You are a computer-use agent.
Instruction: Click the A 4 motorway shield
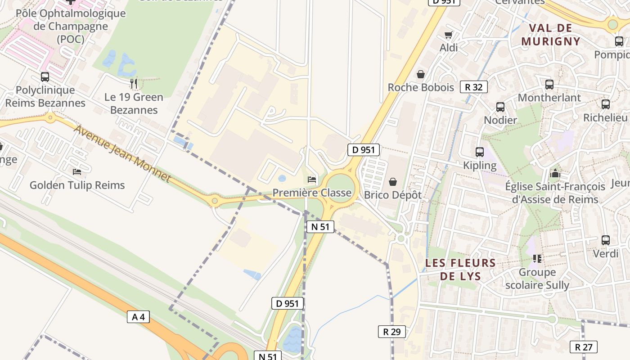[x=138, y=317]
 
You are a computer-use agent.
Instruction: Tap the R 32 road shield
[x=473, y=87]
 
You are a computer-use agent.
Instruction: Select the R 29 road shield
[x=391, y=332]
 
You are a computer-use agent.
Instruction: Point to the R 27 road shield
[x=584, y=347]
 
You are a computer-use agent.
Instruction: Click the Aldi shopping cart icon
[x=449, y=35]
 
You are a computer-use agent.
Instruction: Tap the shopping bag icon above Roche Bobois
[x=421, y=74]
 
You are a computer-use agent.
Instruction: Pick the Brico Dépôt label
[x=393, y=195]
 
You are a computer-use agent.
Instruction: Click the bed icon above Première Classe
[x=312, y=180]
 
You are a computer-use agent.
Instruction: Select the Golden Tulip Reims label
[x=77, y=185]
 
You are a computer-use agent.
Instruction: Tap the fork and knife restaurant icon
[x=134, y=83]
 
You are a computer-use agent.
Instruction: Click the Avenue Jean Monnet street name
[x=122, y=153]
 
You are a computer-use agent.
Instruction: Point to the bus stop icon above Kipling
[x=480, y=152]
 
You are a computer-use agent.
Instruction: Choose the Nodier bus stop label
[x=500, y=120]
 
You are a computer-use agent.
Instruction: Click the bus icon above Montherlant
[x=549, y=85]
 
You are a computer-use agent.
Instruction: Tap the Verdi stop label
[x=606, y=253]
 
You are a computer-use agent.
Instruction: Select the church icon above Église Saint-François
[x=555, y=173]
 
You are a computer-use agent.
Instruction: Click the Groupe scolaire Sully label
[x=537, y=279]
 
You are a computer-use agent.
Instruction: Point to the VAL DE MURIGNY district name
[x=551, y=35]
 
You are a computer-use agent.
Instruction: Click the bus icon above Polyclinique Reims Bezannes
[x=45, y=76]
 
